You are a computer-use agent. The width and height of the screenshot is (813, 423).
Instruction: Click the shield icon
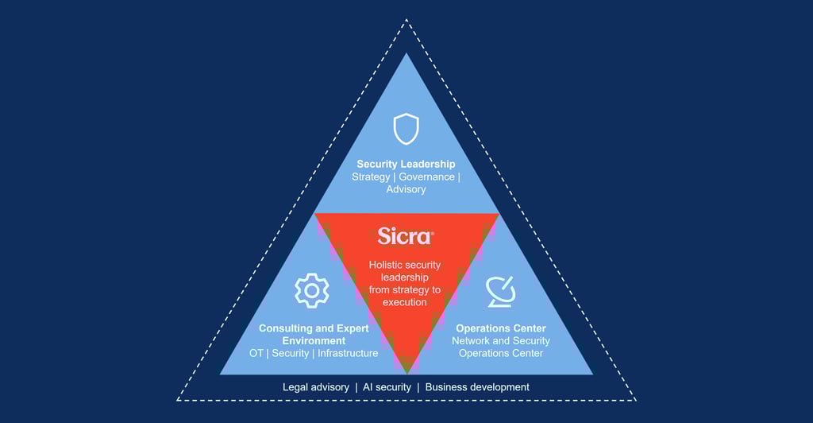(406, 128)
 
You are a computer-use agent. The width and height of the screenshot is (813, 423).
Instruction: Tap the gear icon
(311, 291)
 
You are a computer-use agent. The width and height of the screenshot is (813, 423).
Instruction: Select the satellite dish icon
(501, 291)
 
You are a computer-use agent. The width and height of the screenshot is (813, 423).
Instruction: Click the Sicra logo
(406, 237)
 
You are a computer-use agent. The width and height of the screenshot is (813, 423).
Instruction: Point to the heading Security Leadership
(406, 164)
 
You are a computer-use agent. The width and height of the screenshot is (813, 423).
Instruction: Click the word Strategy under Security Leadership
(370, 177)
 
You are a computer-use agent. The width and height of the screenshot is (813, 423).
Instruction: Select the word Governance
(426, 177)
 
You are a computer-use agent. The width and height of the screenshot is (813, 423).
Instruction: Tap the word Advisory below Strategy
(406, 189)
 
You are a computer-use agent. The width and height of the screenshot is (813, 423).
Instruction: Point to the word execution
(405, 302)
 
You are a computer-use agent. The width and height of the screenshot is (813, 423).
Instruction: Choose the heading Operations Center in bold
(501, 328)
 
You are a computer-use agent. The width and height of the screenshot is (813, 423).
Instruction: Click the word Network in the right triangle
(472, 341)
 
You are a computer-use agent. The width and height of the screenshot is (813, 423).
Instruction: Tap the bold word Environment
(313, 340)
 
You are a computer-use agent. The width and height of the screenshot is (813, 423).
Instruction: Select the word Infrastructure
(348, 353)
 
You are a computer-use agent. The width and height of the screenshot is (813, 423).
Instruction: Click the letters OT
(255, 353)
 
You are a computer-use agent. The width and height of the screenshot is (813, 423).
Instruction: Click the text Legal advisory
(316, 387)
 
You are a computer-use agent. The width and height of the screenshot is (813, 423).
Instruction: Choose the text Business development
(477, 387)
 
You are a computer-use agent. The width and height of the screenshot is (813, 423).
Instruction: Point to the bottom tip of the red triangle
(406, 371)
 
